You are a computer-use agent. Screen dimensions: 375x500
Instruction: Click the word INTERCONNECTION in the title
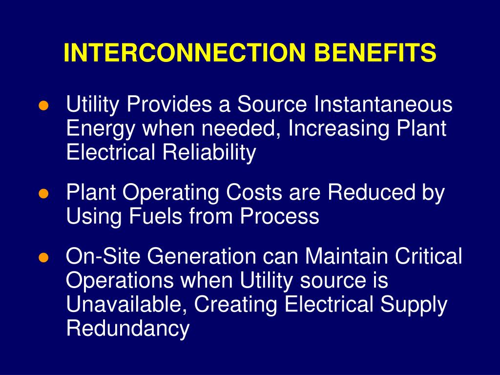click(176, 53)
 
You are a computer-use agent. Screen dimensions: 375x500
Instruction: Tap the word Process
click(279, 216)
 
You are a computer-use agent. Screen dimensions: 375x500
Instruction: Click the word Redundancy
click(127, 329)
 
